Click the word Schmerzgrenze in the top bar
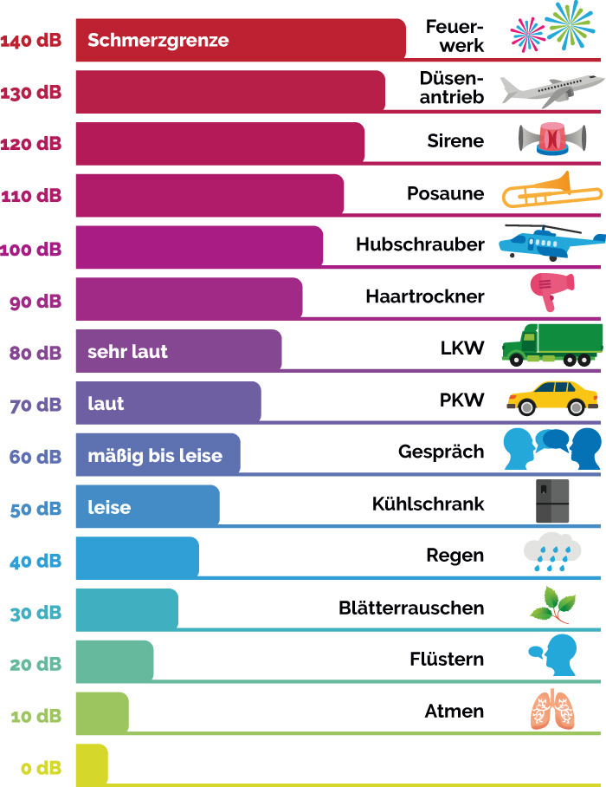click(158, 40)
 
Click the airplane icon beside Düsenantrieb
click(551, 88)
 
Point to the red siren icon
click(551, 139)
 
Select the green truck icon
click(551, 344)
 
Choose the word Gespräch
click(442, 452)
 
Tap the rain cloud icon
click(551, 553)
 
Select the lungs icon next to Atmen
click(551, 710)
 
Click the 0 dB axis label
click(42, 768)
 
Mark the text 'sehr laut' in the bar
click(127, 352)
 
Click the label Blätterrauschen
click(411, 608)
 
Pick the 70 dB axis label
click(35, 404)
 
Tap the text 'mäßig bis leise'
click(155, 456)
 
